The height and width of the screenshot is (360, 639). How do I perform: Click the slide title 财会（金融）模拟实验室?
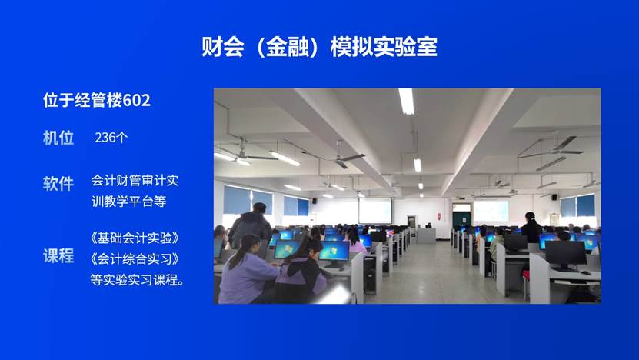(319, 47)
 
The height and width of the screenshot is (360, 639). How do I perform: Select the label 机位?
(58, 138)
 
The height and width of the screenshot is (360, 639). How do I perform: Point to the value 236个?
(111, 138)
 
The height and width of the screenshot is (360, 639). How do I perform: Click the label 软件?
(58, 183)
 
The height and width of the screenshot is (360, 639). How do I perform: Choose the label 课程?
(58, 256)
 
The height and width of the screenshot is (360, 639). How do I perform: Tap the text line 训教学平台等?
(128, 202)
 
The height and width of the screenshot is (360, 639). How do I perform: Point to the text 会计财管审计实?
(135, 182)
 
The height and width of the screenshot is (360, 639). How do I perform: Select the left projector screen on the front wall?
(374, 210)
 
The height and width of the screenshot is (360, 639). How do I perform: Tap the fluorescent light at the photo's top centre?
(406, 101)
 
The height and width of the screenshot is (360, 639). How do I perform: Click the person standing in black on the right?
(531, 228)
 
